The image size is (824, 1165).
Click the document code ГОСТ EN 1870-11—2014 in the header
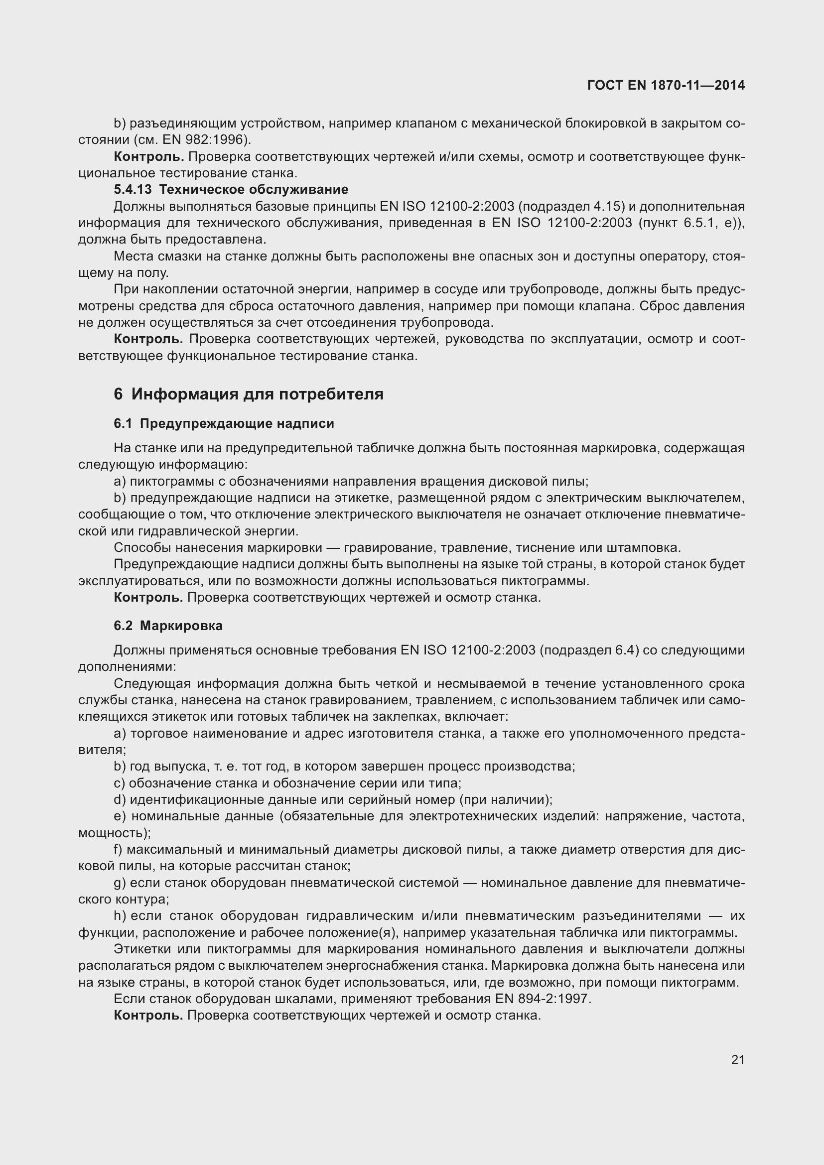pos(666,85)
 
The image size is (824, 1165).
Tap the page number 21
pos(738,1059)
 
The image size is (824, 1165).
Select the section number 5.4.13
pos(133,190)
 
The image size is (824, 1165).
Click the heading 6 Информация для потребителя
pos(249,394)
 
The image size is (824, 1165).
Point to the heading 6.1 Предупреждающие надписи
pos(224,424)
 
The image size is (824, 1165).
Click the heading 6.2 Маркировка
pos(168,626)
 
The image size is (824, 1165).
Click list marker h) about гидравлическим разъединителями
pos(120,916)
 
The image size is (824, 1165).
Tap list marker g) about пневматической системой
pos(120,883)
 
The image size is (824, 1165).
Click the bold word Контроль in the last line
pos(148,1015)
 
